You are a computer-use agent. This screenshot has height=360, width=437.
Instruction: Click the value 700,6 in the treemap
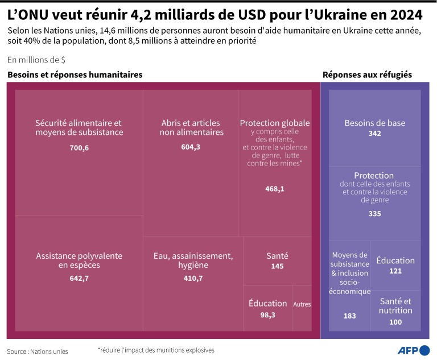(79, 148)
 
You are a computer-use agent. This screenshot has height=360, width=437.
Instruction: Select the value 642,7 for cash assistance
(79, 278)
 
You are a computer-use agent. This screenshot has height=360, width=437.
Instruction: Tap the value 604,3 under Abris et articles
(191, 147)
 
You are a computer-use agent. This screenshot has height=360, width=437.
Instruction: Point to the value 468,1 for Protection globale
(275, 189)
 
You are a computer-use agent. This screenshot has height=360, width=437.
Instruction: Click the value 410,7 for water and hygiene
(193, 278)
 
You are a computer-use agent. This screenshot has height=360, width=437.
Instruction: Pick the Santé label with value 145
(277, 256)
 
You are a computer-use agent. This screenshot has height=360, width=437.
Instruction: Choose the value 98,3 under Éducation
(268, 315)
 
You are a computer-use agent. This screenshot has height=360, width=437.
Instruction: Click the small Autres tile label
(302, 304)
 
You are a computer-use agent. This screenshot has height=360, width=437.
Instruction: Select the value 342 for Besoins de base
(374, 134)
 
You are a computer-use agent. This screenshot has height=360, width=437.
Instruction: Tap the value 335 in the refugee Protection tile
(374, 214)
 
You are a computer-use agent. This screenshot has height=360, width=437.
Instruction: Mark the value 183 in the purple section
(350, 316)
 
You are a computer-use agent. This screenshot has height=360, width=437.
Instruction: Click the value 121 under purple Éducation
(395, 271)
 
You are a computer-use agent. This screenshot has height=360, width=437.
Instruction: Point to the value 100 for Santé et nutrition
(395, 322)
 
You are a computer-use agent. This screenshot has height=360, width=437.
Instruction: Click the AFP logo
(409, 350)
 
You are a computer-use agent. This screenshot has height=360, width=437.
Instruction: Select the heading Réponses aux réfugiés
(367, 75)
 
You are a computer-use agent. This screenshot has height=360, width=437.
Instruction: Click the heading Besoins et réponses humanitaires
(75, 75)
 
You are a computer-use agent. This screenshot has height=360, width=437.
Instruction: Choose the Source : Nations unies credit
(38, 351)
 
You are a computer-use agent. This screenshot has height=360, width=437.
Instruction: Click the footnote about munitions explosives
(156, 350)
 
